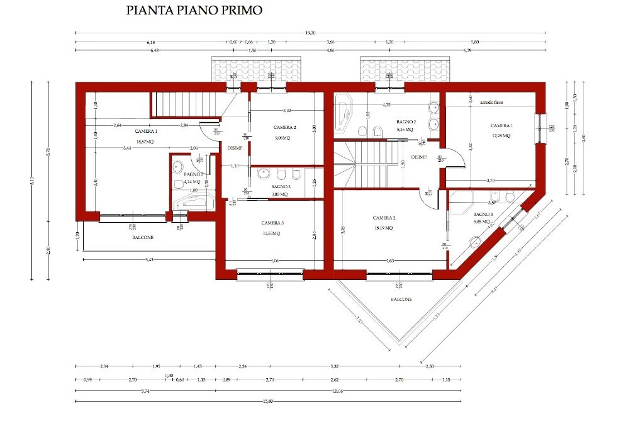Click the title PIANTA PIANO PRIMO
194,11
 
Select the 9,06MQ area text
283,138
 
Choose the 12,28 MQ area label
501,135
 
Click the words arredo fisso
491,102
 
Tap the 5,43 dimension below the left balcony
150,259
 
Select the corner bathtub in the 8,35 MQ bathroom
344,112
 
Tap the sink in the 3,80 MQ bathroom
263,174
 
